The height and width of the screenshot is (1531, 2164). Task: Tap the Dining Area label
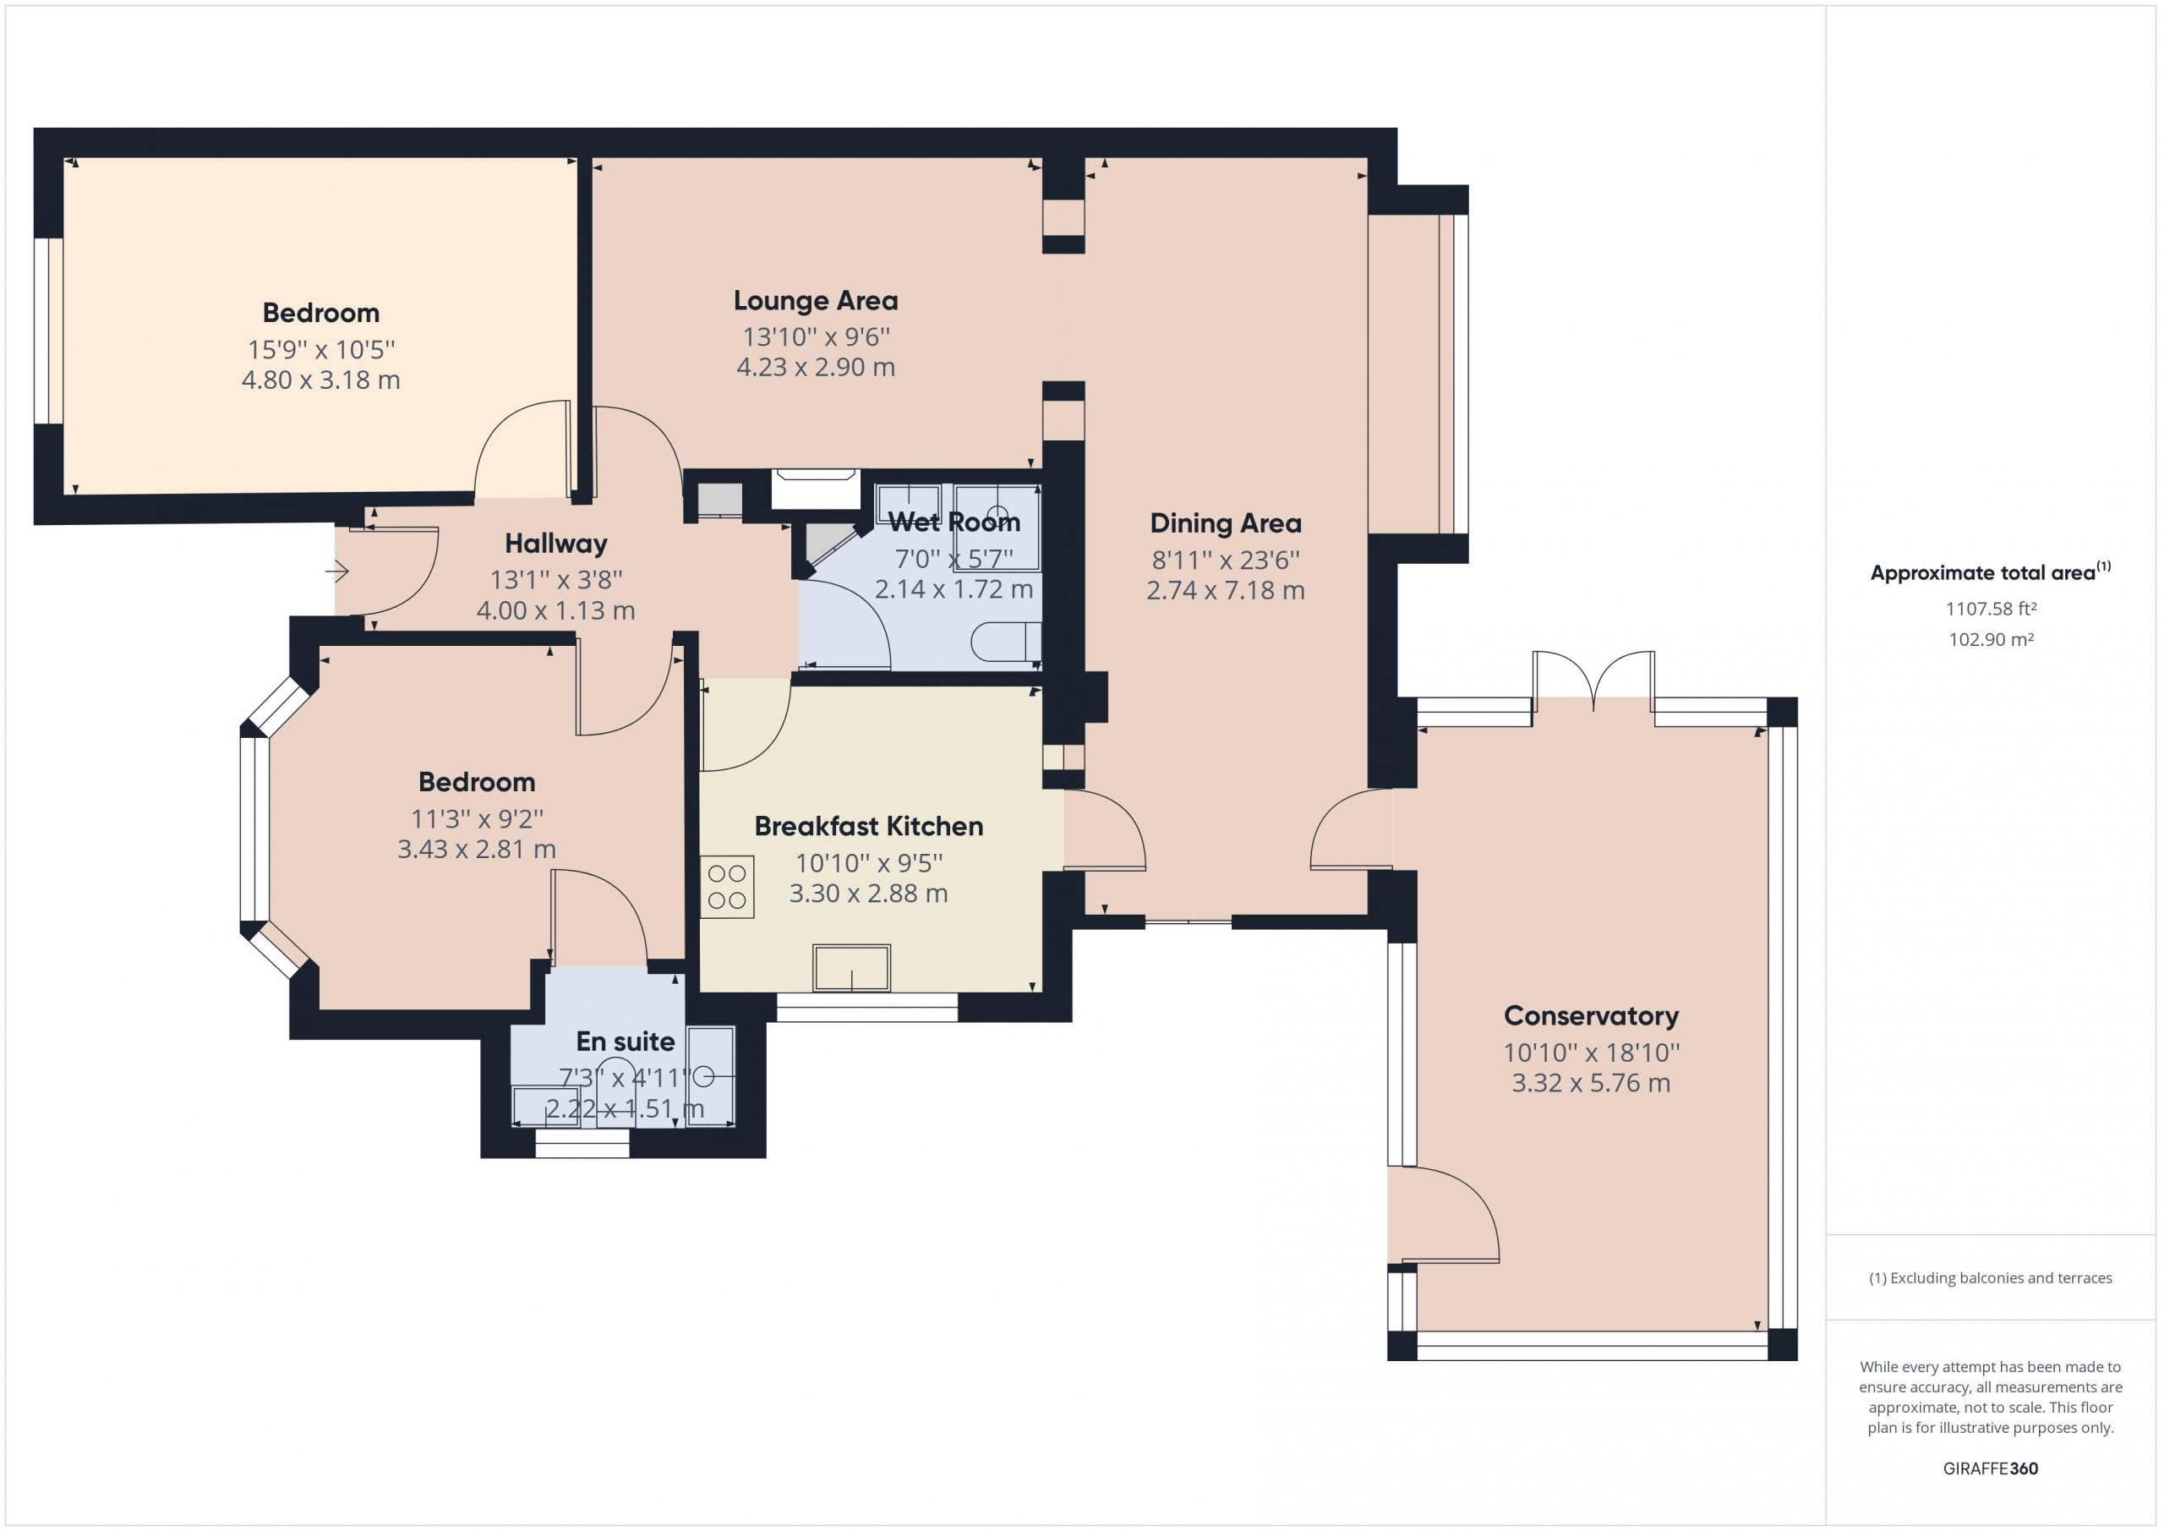pyautogui.click(x=1225, y=523)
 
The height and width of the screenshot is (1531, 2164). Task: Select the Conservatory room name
pyautogui.click(x=1591, y=1015)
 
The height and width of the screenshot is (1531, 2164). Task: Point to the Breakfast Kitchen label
pyautogui.click(x=869, y=826)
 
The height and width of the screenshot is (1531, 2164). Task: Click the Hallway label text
pyautogui.click(x=556, y=543)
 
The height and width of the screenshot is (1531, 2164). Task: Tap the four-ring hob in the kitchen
pyautogui.click(x=728, y=886)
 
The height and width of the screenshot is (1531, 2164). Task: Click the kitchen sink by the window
pyautogui.click(x=852, y=968)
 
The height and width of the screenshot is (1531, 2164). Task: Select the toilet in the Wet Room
pyautogui.click(x=1007, y=642)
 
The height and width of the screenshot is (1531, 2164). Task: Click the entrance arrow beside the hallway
pyautogui.click(x=337, y=571)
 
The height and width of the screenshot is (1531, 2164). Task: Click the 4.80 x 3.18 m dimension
pyautogui.click(x=321, y=380)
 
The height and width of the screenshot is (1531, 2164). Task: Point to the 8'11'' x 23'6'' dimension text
pyautogui.click(x=1225, y=560)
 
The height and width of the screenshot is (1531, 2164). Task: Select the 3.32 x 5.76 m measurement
pyautogui.click(x=1591, y=1082)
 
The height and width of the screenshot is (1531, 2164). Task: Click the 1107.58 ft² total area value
pyautogui.click(x=1991, y=609)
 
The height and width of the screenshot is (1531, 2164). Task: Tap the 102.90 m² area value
pyautogui.click(x=1991, y=639)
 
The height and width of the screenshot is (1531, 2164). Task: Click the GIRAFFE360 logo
pyautogui.click(x=1991, y=1468)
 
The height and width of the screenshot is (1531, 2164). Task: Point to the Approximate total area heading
pyautogui.click(x=1991, y=572)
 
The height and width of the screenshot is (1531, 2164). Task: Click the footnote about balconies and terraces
pyautogui.click(x=1991, y=1277)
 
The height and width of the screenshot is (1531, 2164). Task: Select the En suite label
pyautogui.click(x=626, y=1041)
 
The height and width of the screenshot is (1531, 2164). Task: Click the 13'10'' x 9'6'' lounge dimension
pyautogui.click(x=817, y=336)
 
